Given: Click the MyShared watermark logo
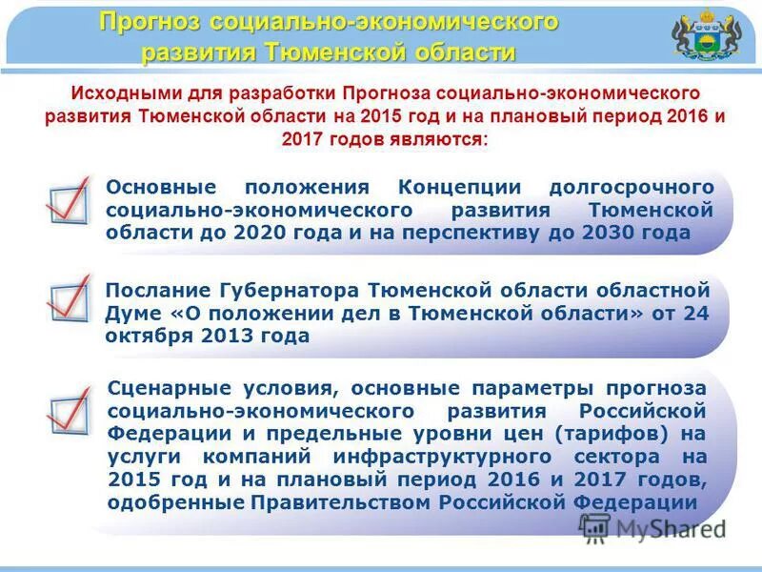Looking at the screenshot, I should [652, 527].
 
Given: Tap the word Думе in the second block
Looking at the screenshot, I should [133, 313].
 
